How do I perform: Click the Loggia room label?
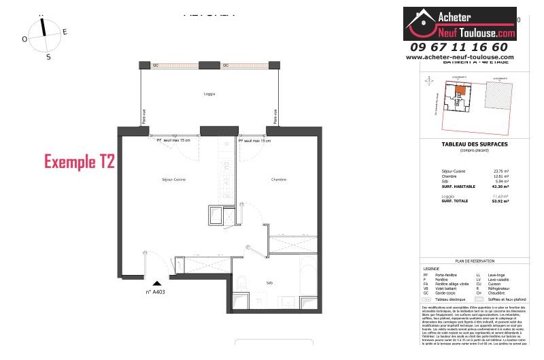(209, 93)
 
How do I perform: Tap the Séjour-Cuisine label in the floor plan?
(174, 179)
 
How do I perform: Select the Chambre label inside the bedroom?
(279, 180)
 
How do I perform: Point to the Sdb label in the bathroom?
(269, 282)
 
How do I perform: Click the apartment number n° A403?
(156, 292)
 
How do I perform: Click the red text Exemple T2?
(80, 162)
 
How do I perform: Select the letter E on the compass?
(65, 32)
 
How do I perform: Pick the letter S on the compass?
(48, 57)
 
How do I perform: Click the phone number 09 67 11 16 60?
(459, 47)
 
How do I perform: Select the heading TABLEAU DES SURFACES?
(474, 144)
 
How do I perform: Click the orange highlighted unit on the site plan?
(460, 89)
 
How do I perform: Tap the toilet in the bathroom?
(242, 282)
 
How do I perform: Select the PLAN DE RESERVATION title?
(474, 261)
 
